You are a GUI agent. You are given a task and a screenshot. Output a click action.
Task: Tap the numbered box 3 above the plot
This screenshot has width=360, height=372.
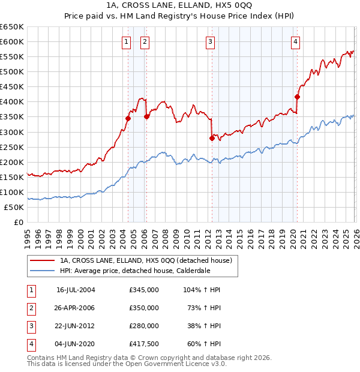pyautogui.click(x=211, y=41)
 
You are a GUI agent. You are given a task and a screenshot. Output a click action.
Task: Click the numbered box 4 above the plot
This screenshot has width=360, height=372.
pyautogui.click(x=296, y=41)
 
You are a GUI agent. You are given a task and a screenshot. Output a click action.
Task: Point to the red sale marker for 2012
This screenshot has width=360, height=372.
pyautogui.click(x=212, y=138)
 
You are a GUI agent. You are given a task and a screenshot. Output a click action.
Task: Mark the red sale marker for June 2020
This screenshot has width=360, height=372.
pyautogui.click(x=297, y=96)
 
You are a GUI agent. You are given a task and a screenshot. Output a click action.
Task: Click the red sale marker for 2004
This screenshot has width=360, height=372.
pyautogui.click(x=128, y=118)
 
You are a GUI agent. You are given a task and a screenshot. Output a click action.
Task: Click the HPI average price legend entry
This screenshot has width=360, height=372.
pyautogui.click(x=133, y=271)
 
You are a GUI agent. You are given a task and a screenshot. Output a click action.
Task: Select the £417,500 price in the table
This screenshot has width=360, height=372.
pyautogui.click(x=143, y=344)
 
